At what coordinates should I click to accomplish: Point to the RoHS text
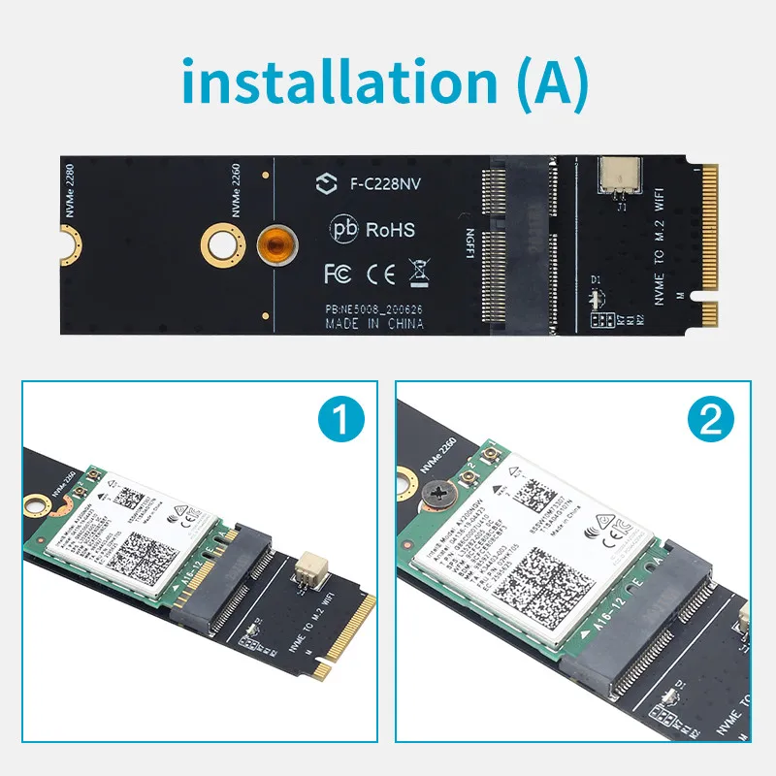point(390,230)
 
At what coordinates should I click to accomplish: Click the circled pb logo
point(344,230)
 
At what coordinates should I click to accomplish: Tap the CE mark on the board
point(381,273)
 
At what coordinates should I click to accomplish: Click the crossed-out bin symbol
point(421,273)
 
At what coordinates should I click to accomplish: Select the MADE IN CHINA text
point(374,323)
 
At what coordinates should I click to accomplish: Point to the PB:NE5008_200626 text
point(374,308)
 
